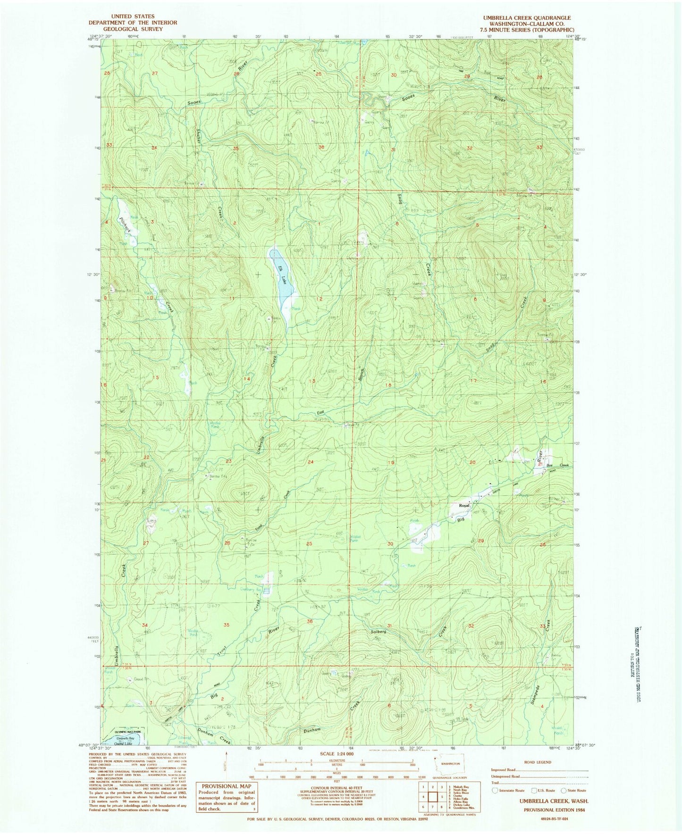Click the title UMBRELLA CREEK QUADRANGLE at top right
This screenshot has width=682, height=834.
coord(526,18)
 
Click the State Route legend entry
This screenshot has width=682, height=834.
coord(573,790)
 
